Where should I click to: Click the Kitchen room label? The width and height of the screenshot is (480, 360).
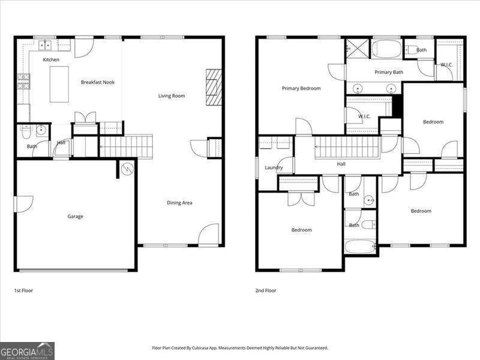[51, 59]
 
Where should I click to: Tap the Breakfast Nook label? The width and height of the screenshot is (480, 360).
[98, 82]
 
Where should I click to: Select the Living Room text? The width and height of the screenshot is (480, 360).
[172, 96]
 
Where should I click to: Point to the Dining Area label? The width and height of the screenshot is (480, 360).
[179, 203]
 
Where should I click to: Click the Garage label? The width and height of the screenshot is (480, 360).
[76, 217]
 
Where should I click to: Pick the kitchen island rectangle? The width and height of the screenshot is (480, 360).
[59, 84]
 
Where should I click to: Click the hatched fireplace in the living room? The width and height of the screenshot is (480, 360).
[214, 87]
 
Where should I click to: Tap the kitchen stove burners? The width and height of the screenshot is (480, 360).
[23, 82]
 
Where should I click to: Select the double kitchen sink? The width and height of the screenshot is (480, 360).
[45, 46]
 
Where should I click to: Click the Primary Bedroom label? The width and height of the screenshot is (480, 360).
[301, 88]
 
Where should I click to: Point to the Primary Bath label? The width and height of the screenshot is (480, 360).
[389, 72]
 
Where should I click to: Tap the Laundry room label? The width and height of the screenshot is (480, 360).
[274, 167]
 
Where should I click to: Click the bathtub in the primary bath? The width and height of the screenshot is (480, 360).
[386, 49]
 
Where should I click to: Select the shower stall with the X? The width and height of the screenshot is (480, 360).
[358, 48]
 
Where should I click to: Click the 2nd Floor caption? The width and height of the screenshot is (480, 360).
[266, 290]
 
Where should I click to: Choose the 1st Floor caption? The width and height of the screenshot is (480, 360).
[23, 290]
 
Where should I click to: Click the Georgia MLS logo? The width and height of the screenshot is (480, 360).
[27, 351]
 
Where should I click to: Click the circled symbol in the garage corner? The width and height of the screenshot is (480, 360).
[127, 169]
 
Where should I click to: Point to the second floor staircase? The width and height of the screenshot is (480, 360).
[347, 148]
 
